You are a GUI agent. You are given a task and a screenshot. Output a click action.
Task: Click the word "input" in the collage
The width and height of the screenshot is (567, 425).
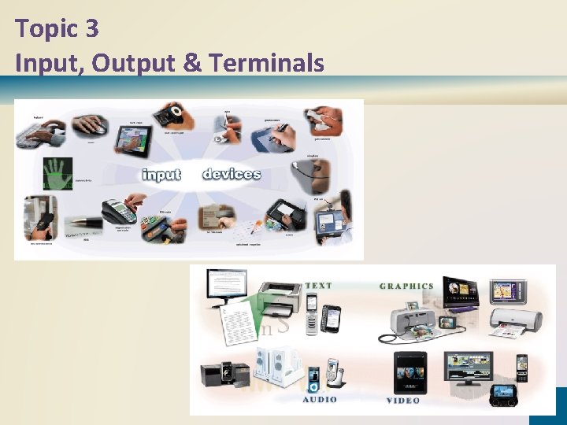161,174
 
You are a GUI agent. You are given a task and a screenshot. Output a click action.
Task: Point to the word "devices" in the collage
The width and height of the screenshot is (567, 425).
232,173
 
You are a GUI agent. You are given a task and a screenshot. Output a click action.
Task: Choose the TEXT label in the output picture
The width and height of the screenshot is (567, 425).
319,286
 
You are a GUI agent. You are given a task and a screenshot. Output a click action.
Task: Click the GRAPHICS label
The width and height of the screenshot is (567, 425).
406,286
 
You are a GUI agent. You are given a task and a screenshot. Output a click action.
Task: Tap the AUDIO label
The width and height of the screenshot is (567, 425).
320,399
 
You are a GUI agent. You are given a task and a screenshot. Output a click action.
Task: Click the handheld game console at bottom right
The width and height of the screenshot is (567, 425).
503,394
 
